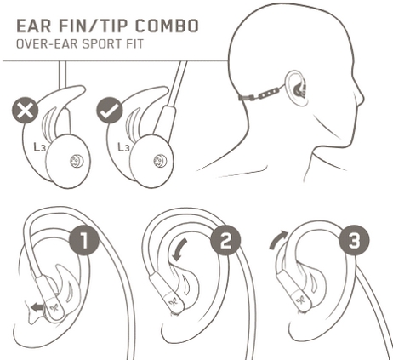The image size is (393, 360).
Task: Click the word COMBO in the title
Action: pyautogui.click(x=167, y=26)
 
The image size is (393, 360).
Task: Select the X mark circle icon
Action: pyautogui.click(x=25, y=111)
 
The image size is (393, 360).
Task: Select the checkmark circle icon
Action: pyautogui.click(x=110, y=111)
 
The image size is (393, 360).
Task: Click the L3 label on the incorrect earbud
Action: pyautogui.click(x=40, y=147)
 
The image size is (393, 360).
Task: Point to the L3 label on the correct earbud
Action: pyautogui.click(x=123, y=147)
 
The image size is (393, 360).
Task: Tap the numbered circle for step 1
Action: pyautogui.click(x=84, y=242)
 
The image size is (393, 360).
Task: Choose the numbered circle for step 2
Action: pyautogui.click(x=225, y=242)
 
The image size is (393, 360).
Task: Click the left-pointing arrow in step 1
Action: pyautogui.click(x=37, y=307)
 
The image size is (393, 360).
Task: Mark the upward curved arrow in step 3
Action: pyautogui.click(x=278, y=239)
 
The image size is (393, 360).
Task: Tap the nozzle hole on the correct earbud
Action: pyautogui.click(x=160, y=161)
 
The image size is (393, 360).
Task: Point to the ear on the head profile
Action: pyautogui.click(x=296, y=88)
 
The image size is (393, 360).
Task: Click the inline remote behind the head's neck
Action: pyautogui.click(x=268, y=94)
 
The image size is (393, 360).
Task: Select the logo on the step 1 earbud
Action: pyautogui.click(x=54, y=309)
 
